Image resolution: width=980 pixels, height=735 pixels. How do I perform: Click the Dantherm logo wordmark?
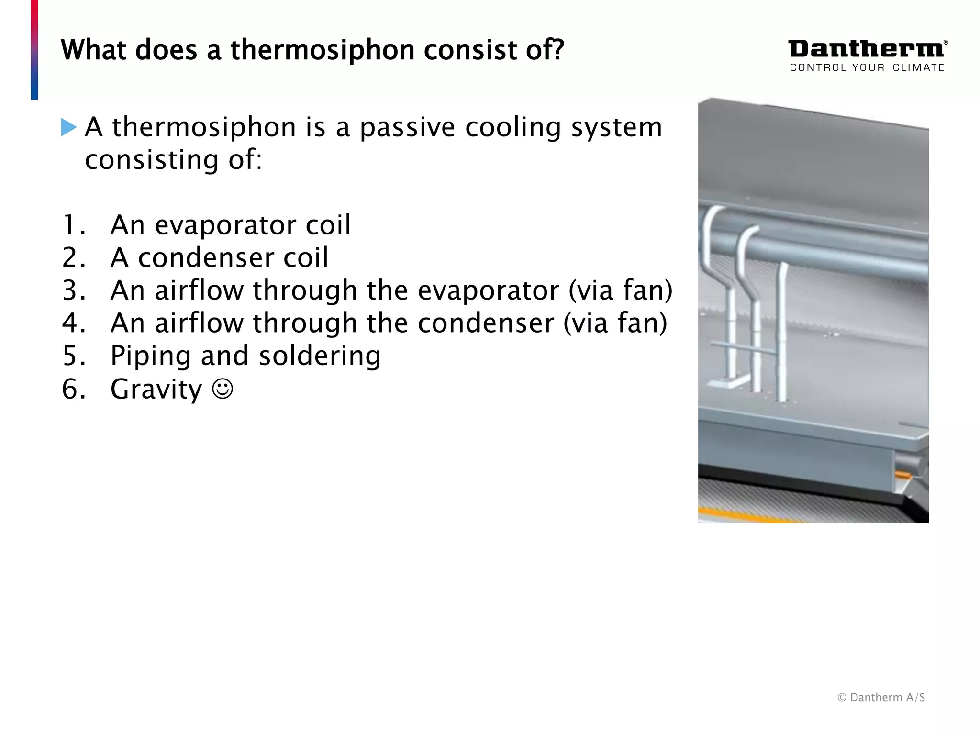click(x=865, y=49)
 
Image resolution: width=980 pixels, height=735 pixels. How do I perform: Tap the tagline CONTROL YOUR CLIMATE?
click(x=867, y=67)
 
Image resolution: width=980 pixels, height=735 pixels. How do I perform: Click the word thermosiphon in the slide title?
click(x=322, y=50)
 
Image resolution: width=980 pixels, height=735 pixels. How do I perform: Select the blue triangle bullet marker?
click(x=69, y=127)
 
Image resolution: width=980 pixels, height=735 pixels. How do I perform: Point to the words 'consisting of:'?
click(x=173, y=160)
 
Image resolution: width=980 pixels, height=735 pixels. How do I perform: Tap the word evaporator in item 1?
click(x=225, y=225)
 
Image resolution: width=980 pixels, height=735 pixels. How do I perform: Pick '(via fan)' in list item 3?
click(x=620, y=290)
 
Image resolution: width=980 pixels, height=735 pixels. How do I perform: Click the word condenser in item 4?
click(x=486, y=323)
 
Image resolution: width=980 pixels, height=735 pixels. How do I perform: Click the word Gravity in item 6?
click(x=156, y=389)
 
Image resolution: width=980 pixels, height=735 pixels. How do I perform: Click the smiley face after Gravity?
click(x=223, y=389)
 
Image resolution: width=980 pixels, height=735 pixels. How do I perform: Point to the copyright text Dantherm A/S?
click(x=881, y=697)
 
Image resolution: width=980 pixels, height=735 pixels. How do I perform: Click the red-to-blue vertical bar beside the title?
click(x=34, y=50)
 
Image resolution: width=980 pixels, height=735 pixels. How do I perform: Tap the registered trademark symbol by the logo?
click(x=946, y=42)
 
